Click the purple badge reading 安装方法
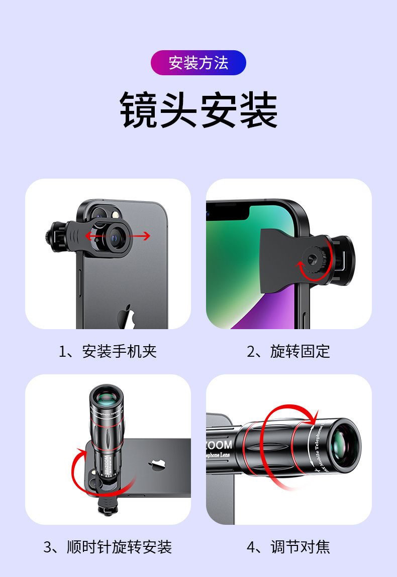[x=198, y=63]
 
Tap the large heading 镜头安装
[x=198, y=110]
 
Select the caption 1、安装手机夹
[x=108, y=351]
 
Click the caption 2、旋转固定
[x=288, y=351]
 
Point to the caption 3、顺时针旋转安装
[x=108, y=546]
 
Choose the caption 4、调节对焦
[x=288, y=546]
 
